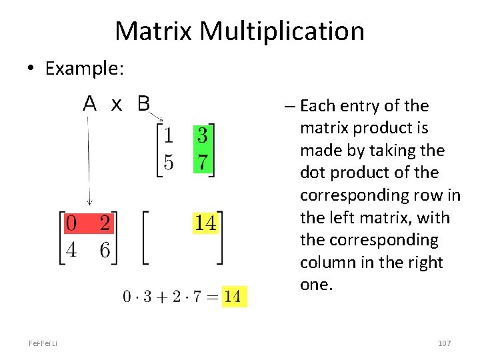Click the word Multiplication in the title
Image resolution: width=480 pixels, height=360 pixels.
point(282,31)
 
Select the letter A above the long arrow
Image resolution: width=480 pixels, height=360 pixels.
point(90,104)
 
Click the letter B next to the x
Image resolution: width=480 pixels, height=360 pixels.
point(143,104)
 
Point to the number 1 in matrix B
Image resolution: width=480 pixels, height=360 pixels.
point(169,136)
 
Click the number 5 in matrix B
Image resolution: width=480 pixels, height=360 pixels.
point(169,162)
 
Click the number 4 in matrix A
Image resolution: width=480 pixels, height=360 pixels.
point(71,250)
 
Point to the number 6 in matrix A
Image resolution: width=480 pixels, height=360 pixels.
point(104,250)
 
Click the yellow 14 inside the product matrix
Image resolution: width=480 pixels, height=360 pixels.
point(205,223)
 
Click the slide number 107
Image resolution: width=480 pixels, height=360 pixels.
point(444,343)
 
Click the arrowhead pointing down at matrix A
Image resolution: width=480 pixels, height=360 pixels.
point(89,202)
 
